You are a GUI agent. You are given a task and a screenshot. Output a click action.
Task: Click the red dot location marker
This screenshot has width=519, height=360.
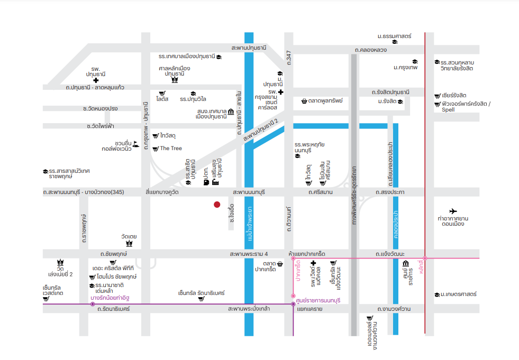[217, 205]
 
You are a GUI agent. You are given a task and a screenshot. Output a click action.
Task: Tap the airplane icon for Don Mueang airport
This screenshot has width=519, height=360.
[453, 211]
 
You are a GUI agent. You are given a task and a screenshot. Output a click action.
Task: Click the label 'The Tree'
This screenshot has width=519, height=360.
[171, 148]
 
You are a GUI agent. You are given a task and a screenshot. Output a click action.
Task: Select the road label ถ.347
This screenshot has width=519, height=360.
[289, 58]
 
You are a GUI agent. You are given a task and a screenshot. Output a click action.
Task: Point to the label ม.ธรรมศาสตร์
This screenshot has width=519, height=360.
[394, 36]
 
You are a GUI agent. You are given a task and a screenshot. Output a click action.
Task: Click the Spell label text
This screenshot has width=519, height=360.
[448, 109]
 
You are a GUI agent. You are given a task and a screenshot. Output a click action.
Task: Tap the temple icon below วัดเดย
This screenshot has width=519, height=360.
[129, 244]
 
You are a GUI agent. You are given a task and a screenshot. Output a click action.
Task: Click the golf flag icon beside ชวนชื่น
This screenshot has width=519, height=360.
[136, 144]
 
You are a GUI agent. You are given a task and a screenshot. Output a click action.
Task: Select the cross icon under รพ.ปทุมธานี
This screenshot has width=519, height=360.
[96, 80]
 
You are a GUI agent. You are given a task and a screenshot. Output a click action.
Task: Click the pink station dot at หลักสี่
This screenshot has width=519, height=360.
[425, 258]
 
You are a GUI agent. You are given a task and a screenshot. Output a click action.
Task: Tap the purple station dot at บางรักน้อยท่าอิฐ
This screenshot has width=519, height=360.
[93, 304]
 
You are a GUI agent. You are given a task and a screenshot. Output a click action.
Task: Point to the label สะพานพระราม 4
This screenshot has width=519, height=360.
[249, 254]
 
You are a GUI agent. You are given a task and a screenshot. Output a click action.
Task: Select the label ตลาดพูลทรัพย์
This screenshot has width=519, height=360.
[325, 100]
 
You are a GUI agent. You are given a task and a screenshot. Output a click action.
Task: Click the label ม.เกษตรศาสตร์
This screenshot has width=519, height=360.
[459, 294]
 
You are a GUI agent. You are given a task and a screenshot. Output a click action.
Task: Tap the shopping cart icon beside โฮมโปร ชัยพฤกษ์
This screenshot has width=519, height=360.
[93, 278]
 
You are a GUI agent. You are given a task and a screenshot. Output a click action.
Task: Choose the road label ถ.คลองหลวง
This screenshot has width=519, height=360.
[371, 50]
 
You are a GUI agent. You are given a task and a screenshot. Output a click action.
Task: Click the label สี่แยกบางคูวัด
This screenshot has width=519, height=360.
[162, 192]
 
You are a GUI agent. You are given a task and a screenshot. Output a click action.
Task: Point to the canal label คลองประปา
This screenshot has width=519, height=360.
[396, 224]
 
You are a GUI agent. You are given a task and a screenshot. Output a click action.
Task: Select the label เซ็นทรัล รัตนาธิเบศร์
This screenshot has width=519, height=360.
[201, 293]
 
